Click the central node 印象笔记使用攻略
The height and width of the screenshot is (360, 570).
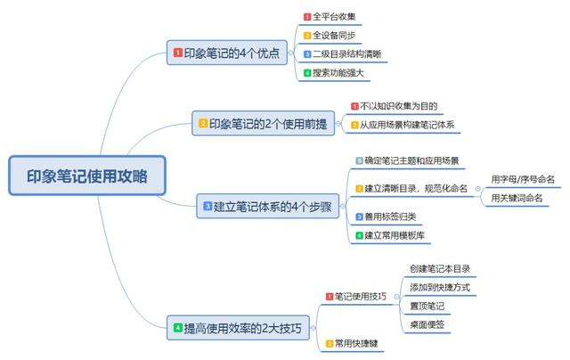pos(87,176)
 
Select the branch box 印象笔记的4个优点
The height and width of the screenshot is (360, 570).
pos(229,53)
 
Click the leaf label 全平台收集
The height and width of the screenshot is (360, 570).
pos(335,17)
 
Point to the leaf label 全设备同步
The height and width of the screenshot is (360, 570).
pos(335,36)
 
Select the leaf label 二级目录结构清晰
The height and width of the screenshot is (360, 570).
pos(346,54)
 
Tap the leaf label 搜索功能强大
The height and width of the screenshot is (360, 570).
pos(340,73)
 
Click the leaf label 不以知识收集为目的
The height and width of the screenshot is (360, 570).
pos(398,106)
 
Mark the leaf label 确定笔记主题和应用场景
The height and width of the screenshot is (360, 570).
pos(411,160)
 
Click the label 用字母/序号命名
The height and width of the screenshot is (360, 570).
pos(523,179)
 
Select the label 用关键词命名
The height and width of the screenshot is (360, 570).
pos(517,198)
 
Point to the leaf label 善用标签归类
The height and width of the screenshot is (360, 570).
pos(391,217)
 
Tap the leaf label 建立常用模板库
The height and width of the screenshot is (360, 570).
pos(395,235)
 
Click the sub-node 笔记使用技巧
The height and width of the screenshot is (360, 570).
pos(360,297)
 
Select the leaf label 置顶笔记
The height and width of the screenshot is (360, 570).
pos(427,306)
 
